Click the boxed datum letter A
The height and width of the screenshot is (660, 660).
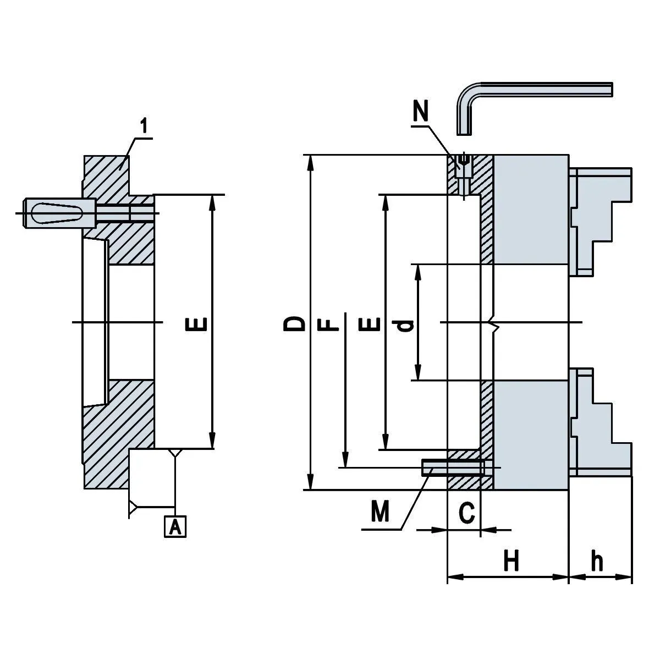[x=175, y=526]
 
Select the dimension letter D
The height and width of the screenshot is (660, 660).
[x=296, y=323]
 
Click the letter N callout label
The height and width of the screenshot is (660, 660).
[x=421, y=112]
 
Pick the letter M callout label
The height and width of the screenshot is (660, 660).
[x=380, y=512]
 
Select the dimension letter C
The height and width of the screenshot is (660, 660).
[x=466, y=514]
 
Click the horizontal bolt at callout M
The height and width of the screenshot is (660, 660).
[x=454, y=468]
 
